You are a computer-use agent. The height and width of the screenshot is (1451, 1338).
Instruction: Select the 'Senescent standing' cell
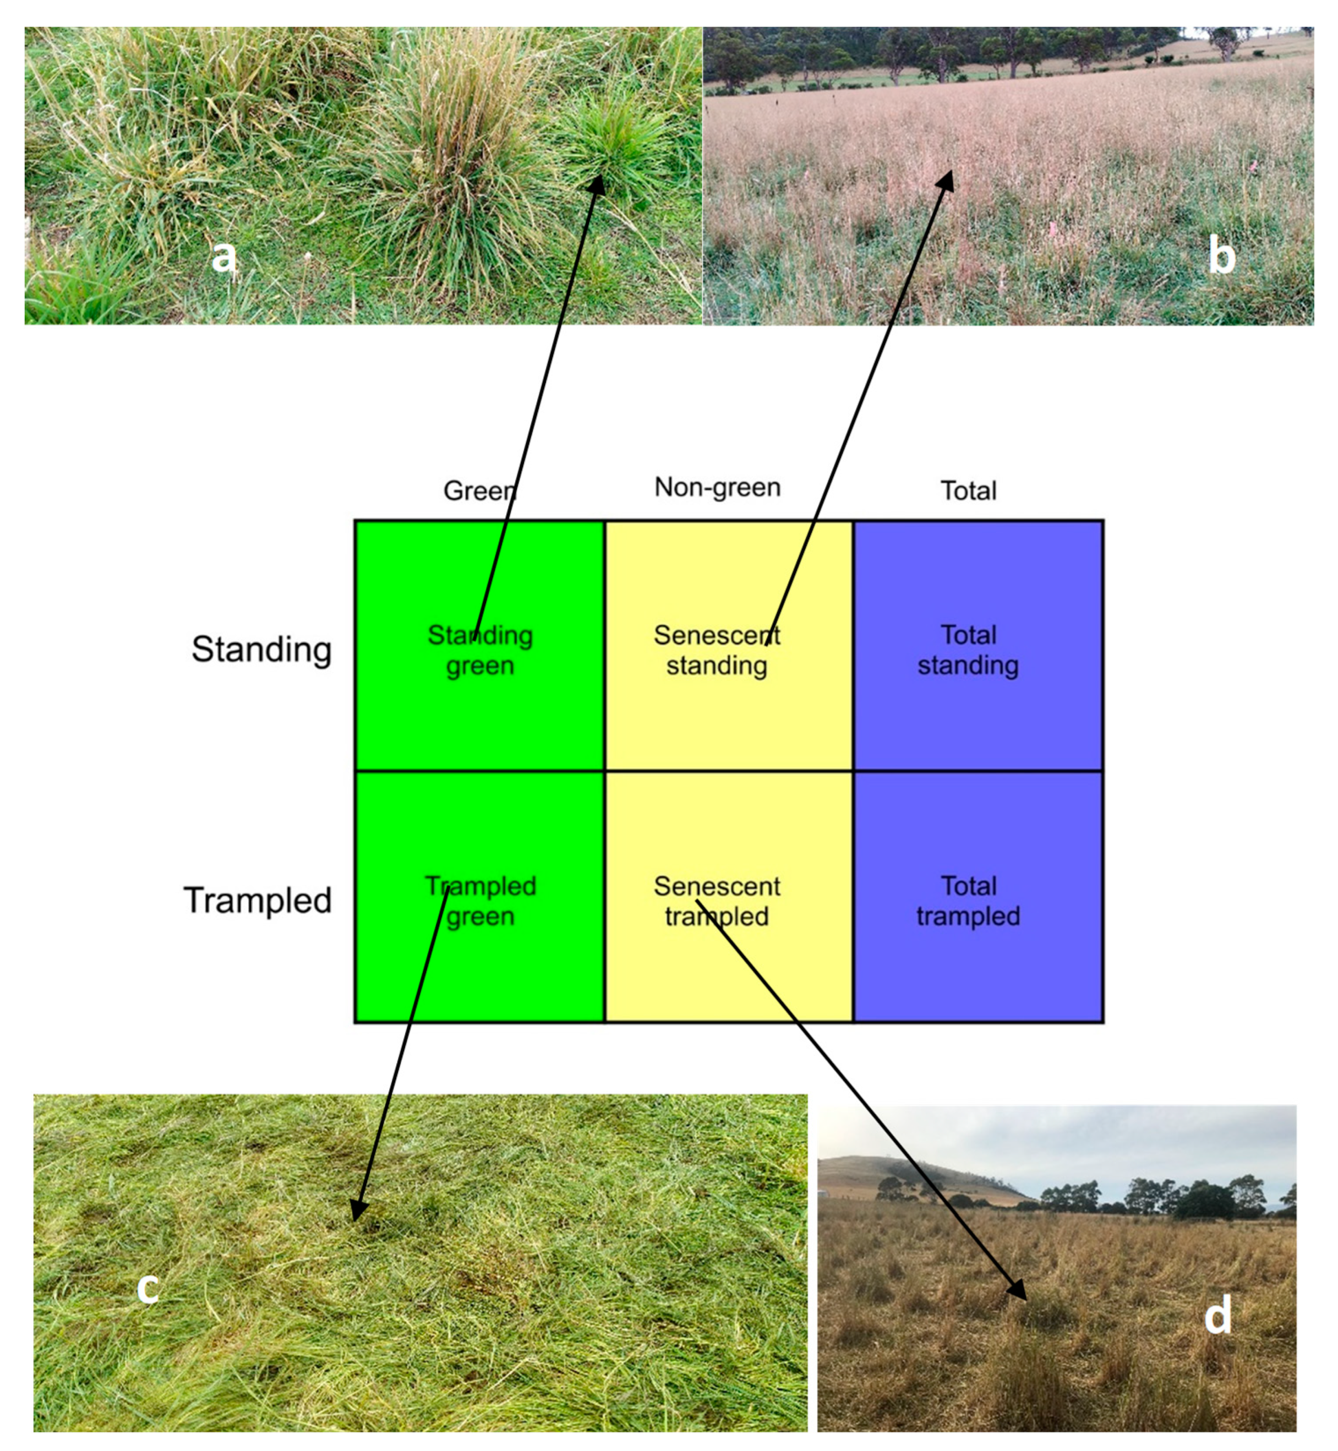pyautogui.click(x=717, y=650)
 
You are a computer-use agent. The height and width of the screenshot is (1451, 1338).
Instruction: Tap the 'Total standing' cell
pyautogui.click(x=968, y=650)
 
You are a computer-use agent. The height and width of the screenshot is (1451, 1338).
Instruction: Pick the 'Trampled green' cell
pyautogui.click(x=480, y=900)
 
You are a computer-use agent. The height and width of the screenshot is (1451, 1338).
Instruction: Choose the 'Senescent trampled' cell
pyautogui.click(x=717, y=900)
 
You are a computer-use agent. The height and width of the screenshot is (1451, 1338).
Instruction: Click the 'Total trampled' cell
pyautogui.click(x=968, y=900)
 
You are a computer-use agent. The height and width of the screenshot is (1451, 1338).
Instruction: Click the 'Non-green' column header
pyautogui.click(x=717, y=487)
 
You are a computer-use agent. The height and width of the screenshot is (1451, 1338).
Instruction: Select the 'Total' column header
pyautogui.click(x=968, y=490)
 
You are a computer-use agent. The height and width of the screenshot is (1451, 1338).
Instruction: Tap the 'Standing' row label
pyautogui.click(x=261, y=649)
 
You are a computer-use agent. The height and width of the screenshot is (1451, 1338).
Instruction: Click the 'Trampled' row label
pyautogui.click(x=258, y=900)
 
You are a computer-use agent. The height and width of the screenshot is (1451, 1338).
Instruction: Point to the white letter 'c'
pyautogui.click(x=148, y=1286)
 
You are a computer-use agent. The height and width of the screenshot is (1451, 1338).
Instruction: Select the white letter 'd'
pyautogui.click(x=1218, y=1314)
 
